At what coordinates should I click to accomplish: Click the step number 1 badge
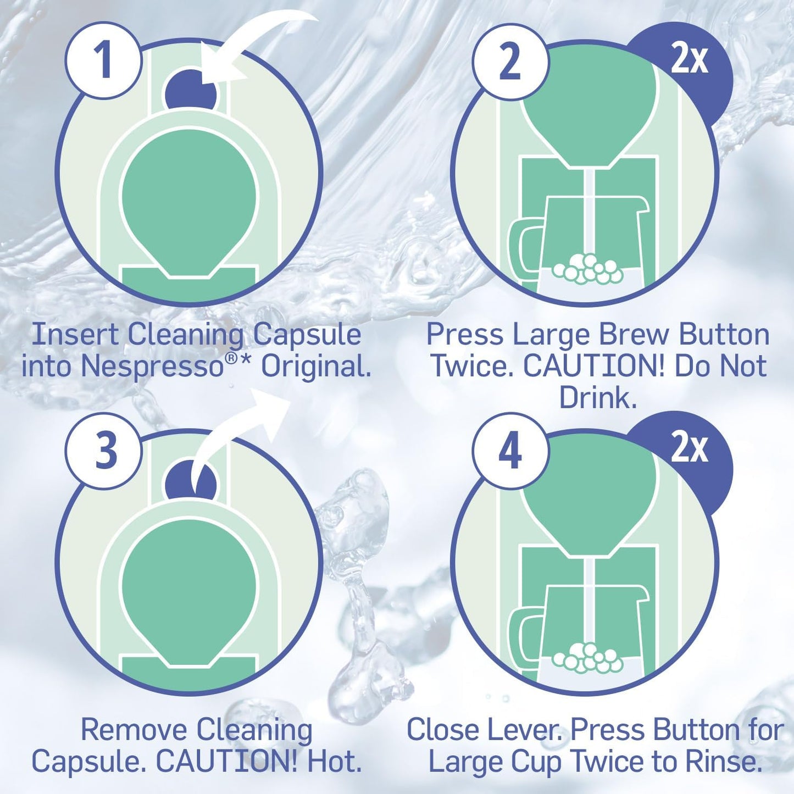(x=103, y=60)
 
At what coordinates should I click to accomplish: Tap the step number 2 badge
(x=510, y=62)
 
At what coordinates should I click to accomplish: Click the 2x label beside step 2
(x=690, y=59)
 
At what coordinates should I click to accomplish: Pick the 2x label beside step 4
(x=690, y=448)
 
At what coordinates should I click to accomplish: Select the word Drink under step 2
(x=597, y=398)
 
